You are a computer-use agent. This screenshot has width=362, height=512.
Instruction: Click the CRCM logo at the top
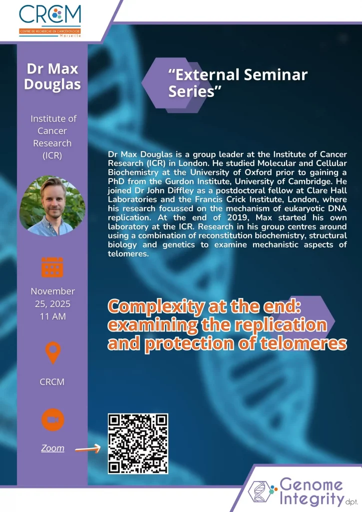(50, 20)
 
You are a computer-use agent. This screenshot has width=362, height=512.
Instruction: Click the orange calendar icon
(52, 267)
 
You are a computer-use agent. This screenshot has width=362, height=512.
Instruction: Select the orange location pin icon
(53, 352)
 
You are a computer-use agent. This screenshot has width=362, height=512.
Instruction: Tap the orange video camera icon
(52, 419)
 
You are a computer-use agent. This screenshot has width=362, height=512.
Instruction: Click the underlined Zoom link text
(52, 448)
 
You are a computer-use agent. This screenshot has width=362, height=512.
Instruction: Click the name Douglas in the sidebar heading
(52, 84)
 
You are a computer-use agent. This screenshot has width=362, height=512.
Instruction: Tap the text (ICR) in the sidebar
(52, 155)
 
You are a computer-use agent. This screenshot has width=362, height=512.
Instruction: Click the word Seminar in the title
(276, 75)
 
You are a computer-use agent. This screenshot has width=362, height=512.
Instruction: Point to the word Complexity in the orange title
(156, 306)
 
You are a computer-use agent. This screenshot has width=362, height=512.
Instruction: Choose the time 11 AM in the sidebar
(53, 316)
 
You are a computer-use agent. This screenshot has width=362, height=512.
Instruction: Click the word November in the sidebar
(53, 291)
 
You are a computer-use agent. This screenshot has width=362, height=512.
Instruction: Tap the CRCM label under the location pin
(52, 381)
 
